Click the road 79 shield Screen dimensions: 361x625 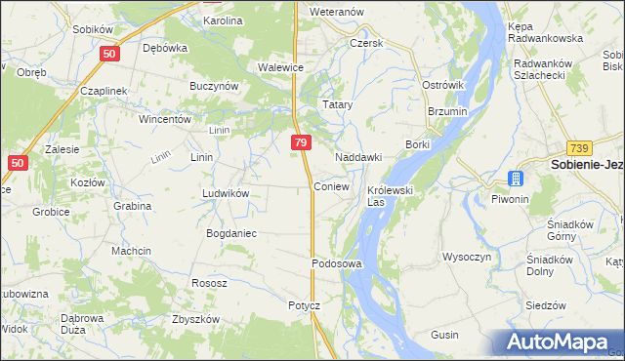pyautogui.click(x=302, y=142)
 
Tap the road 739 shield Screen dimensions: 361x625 pyautogui.click(x=581, y=146)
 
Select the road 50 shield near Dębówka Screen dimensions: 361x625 pyautogui.click(x=109, y=57)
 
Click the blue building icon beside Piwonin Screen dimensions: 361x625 pyautogui.click(x=515, y=179)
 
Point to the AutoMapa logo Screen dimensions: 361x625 pyautogui.click(x=559, y=342)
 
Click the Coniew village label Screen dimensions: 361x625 pyautogui.click(x=332, y=186)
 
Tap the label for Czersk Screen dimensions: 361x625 pyautogui.click(x=367, y=44)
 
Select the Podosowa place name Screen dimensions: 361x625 pyautogui.click(x=337, y=264)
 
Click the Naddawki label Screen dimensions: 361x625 pyautogui.click(x=357, y=157)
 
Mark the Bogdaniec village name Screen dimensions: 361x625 pyautogui.click(x=230, y=233)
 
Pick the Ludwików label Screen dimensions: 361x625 pyautogui.click(x=226, y=193)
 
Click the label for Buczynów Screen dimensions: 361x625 pyautogui.click(x=215, y=86)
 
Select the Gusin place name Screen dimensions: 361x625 pyautogui.click(x=444, y=335)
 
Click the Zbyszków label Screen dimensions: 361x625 pyautogui.click(x=194, y=319)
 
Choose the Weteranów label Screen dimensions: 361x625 pyautogui.click(x=336, y=12)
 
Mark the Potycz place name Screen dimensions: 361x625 pyautogui.click(x=304, y=305)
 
